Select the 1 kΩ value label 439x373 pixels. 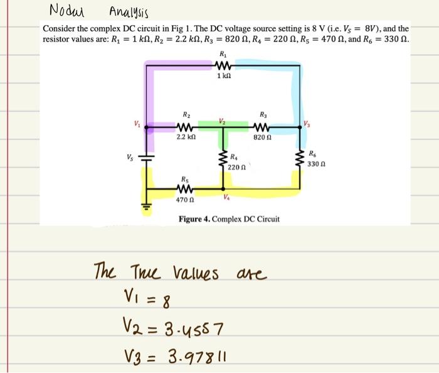coord(224,77)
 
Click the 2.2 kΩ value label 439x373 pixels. coord(186,136)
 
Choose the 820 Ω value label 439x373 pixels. coord(262,136)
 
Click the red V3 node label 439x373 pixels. coord(306,122)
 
